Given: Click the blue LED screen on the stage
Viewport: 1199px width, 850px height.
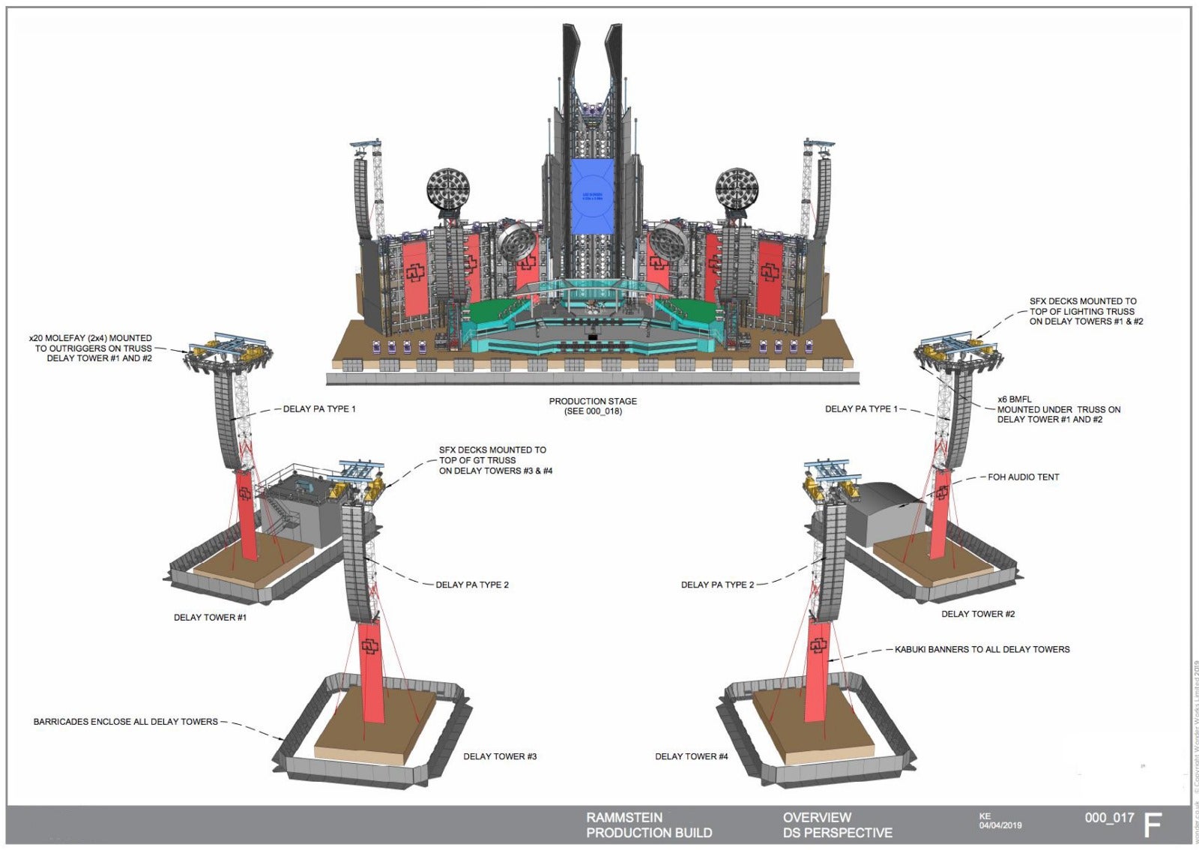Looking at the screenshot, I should tap(592, 197).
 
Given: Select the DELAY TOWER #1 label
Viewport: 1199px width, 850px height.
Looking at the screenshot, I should tap(210, 618).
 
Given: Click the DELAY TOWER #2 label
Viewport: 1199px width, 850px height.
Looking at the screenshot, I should tap(978, 614).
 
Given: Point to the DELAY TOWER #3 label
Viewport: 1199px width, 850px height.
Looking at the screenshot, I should tap(500, 756).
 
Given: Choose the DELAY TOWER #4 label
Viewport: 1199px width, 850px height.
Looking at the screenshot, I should tap(691, 756).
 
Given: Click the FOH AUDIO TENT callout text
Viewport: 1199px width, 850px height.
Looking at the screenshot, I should tap(1023, 477).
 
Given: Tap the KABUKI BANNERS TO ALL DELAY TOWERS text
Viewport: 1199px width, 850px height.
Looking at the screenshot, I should tap(982, 649).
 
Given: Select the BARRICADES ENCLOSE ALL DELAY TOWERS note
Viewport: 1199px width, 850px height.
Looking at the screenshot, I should tap(125, 722).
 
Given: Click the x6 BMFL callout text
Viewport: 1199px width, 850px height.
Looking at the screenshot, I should tap(1058, 409).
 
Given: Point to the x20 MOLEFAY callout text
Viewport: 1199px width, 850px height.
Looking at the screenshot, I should tap(91, 349).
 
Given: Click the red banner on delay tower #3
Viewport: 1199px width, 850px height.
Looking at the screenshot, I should tap(371, 671).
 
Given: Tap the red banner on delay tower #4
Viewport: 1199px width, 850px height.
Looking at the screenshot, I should tap(817, 671).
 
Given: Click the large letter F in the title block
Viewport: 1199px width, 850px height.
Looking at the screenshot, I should tap(1153, 825).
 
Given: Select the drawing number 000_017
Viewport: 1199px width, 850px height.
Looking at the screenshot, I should tap(1109, 818).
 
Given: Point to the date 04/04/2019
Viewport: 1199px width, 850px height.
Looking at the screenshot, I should tap(1000, 826).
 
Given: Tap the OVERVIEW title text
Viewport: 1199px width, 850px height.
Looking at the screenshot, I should tap(817, 818).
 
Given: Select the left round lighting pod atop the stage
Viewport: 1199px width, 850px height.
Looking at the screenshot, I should tap(448, 189).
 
